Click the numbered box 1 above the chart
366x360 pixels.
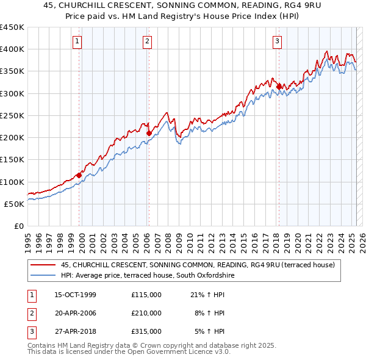[x=79, y=41]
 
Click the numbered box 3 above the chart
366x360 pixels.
[x=278, y=41]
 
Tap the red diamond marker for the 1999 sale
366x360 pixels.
[x=79, y=175]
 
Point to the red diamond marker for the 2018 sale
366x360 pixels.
[x=279, y=87]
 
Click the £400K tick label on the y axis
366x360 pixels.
[x=12, y=49]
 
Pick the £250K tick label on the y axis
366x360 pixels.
[x=12, y=115]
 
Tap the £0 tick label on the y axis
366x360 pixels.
[x=18, y=226]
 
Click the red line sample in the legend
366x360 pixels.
[x=43, y=265]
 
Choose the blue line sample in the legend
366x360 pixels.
[x=43, y=276]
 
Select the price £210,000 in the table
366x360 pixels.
[x=146, y=313]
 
